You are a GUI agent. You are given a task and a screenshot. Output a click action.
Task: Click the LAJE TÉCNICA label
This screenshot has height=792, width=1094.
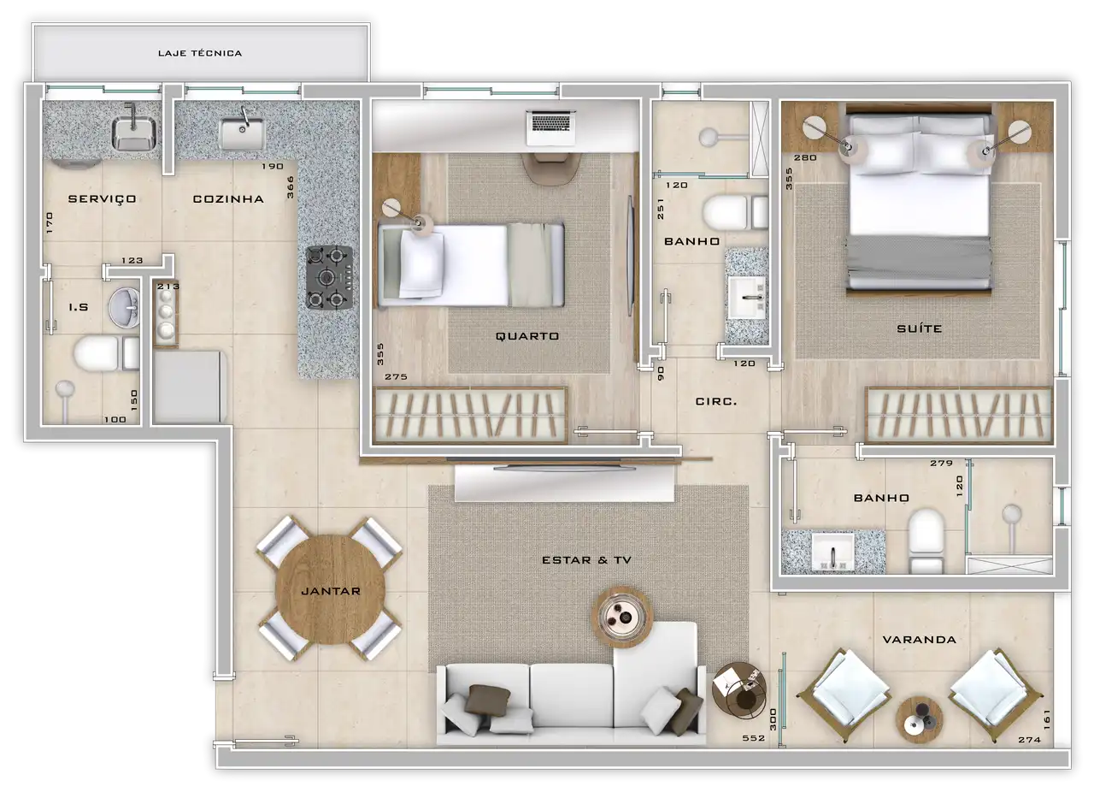pyautogui.click(x=200, y=53)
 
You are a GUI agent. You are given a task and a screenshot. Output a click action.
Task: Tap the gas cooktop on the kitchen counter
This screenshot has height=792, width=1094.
pyautogui.click(x=329, y=278)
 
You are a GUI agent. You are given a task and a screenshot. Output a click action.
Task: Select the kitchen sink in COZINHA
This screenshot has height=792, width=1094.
pyautogui.click(x=242, y=133)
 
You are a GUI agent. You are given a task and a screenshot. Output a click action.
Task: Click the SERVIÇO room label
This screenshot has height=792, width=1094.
pyautogui.click(x=102, y=199)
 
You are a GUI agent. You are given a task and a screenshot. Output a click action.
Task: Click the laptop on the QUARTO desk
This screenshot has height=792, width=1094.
pyautogui.click(x=551, y=128)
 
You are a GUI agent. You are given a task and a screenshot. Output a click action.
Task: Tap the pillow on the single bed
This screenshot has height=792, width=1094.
pyautogui.click(x=422, y=264)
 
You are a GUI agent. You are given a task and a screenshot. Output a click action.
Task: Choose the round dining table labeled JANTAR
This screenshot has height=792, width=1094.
pyautogui.click(x=330, y=589)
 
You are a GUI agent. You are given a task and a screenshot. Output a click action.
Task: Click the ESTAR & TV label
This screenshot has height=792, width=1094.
pyautogui.click(x=586, y=560)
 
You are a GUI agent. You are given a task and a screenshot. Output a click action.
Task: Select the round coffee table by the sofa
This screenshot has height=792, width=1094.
pyautogui.click(x=621, y=618)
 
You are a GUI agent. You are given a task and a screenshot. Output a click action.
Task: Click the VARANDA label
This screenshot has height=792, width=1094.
pyautogui.click(x=919, y=640)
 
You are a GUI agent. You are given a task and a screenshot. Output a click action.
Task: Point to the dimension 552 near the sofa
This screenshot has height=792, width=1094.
pyautogui.click(x=754, y=738)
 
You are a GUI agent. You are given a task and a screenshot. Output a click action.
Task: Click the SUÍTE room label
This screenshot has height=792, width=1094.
pyautogui.click(x=919, y=328)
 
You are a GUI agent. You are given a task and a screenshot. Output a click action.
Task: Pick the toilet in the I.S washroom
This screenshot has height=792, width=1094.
pyautogui.click(x=107, y=353)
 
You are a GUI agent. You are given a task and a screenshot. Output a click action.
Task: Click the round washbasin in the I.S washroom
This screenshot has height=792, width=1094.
pyautogui.click(x=124, y=307)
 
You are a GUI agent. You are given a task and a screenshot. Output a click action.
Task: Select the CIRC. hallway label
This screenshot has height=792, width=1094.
pyautogui.click(x=716, y=401)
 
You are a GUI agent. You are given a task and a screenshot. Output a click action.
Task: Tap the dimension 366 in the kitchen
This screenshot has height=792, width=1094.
pyautogui.click(x=291, y=187)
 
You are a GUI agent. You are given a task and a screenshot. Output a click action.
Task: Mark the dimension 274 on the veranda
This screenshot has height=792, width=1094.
pyautogui.click(x=1030, y=740)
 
